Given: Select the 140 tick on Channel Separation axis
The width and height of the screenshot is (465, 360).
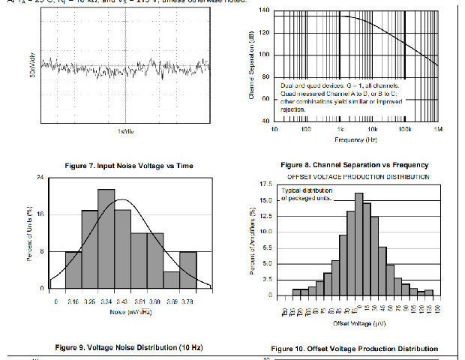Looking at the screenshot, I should coord(264,10).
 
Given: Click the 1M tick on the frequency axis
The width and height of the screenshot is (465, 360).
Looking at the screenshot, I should coord(438,129).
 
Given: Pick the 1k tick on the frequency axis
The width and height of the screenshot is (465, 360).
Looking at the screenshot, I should coord(340,129).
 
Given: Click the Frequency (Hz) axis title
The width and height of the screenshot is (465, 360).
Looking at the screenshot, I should coord(356,139).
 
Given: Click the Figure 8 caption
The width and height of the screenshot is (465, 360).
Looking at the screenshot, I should coord(355,164).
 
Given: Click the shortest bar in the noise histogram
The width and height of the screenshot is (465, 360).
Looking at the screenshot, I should coord(172,279).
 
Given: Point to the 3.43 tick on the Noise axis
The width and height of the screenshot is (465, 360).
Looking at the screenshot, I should coord(123,300).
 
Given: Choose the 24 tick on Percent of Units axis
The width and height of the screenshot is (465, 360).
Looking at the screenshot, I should coord(39,177).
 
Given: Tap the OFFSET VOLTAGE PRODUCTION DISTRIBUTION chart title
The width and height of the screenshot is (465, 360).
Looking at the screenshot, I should coord(358,176).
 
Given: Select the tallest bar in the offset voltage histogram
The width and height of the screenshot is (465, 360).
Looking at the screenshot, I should coord(358,244).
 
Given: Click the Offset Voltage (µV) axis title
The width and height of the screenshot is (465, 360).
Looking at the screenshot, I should coord(358,323).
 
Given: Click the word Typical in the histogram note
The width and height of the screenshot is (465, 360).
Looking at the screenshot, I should coord(292,190).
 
